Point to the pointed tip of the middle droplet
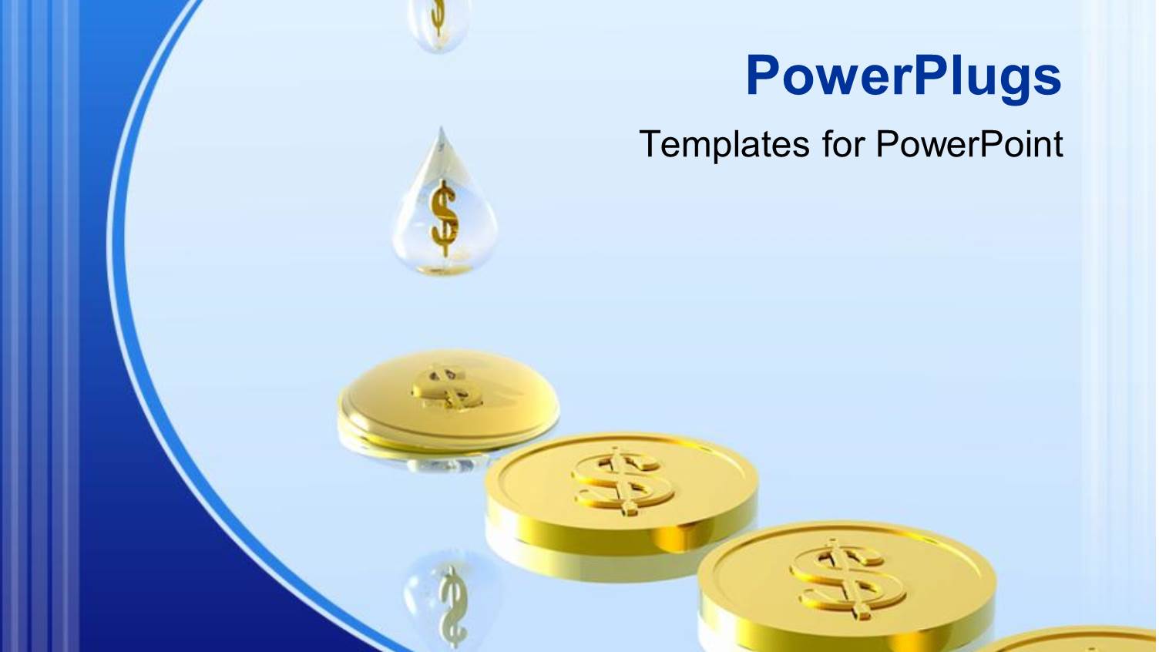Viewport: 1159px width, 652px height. click(x=441, y=131)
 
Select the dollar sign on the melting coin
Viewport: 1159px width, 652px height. click(x=445, y=388)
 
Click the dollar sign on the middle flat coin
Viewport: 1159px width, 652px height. click(x=621, y=482)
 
